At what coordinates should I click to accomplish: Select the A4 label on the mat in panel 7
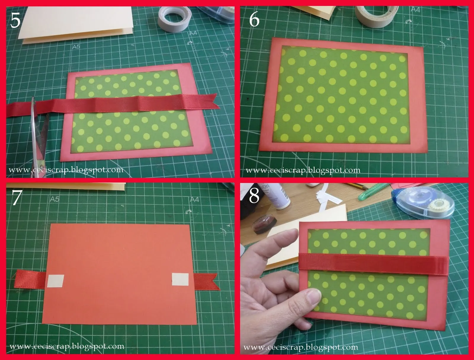point(195,199)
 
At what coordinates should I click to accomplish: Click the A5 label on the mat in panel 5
point(76,47)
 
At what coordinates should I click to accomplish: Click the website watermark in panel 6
point(303,170)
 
